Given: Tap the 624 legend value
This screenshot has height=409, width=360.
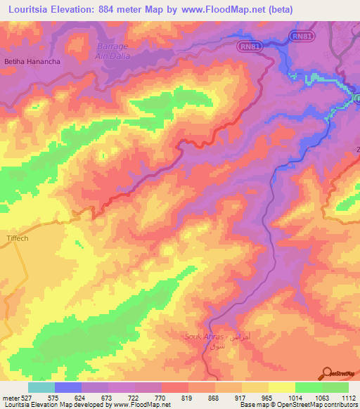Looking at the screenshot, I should click(82, 398).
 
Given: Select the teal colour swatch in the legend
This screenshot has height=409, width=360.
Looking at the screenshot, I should click(41, 387).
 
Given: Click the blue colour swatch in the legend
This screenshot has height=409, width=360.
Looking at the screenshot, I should click(68, 387).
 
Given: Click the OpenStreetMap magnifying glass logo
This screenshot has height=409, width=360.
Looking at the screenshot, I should click(326, 372).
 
